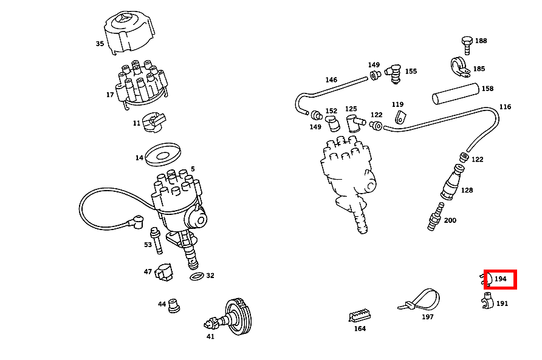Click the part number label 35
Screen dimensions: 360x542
click(100, 44)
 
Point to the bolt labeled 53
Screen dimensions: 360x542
click(157, 240)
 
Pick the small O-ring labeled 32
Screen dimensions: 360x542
click(197, 276)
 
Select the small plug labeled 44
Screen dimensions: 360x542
click(175, 305)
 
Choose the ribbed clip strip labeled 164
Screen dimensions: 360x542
click(360, 316)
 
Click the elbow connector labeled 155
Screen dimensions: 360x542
click(394, 72)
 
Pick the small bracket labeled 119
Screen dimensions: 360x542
click(399, 117)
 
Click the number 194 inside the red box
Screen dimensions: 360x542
click(501, 279)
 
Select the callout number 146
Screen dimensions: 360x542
click(331, 80)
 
